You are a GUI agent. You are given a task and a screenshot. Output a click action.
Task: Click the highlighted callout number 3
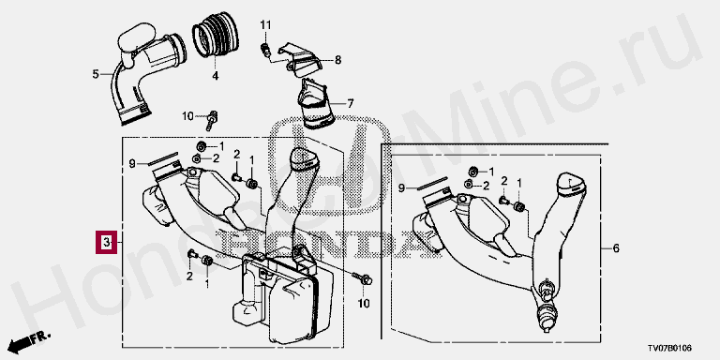[106, 242]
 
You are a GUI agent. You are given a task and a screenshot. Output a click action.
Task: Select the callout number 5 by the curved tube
[96, 74]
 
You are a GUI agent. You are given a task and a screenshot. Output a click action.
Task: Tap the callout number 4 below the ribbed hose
[215, 76]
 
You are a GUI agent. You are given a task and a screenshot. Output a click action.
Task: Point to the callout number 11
[266, 24]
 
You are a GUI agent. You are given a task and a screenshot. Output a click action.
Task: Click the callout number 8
[337, 60]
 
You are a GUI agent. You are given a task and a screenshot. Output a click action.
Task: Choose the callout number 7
[351, 104]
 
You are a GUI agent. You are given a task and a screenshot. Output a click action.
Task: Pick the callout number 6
[616, 248]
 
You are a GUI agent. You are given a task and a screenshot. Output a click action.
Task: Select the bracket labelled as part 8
[299, 59]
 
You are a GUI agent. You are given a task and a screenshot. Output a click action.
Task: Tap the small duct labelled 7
[316, 103]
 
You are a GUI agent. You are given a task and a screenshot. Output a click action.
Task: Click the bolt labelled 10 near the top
[213, 118]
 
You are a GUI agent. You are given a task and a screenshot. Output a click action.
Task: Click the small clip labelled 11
[266, 50]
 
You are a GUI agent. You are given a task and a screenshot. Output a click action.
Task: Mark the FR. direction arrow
[28, 340]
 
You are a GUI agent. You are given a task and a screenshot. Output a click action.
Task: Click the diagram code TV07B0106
[669, 348]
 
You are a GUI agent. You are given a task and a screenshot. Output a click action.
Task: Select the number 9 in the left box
[132, 163]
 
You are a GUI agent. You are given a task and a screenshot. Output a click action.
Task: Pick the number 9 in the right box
[401, 187]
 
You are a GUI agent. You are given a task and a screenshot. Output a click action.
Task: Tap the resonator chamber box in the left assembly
[282, 298]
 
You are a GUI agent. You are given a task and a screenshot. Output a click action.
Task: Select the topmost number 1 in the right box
[491, 172]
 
